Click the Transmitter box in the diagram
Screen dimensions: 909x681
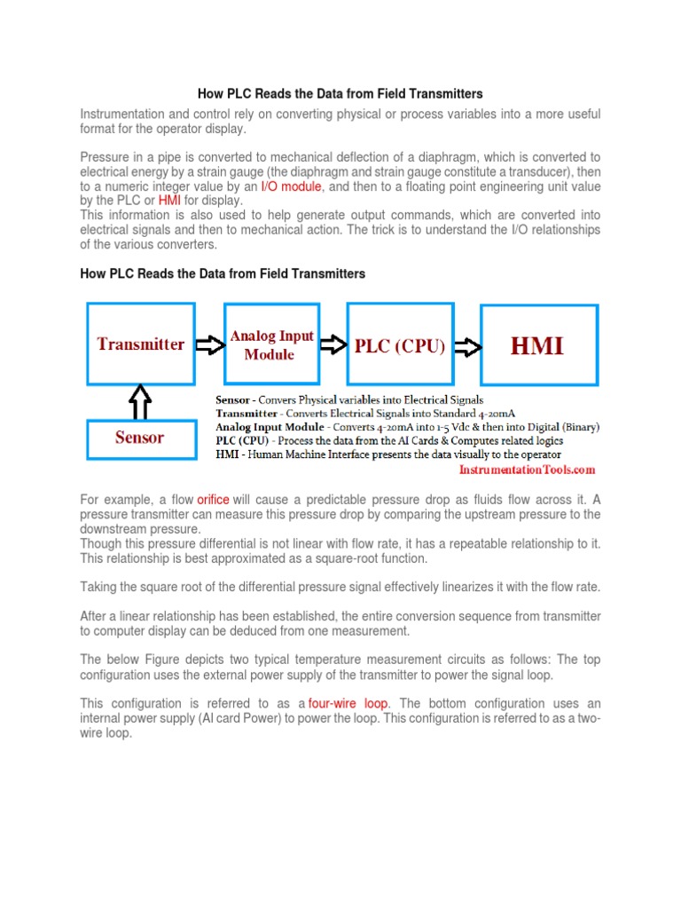pos(140,344)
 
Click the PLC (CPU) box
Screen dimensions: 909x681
pos(399,346)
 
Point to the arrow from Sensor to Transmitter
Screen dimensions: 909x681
pos(140,401)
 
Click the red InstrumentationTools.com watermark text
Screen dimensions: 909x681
pos(527,470)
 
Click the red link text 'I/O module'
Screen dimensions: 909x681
pos(291,186)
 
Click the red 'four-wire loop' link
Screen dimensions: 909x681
pos(348,703)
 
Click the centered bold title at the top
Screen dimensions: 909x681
pos(340,93)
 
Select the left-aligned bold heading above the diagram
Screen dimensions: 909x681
pos(223,273)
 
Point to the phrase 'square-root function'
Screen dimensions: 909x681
pos(367,558)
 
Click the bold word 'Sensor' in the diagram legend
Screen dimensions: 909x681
pos(233,400)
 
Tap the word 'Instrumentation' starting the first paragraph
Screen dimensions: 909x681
pos(121,115)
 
